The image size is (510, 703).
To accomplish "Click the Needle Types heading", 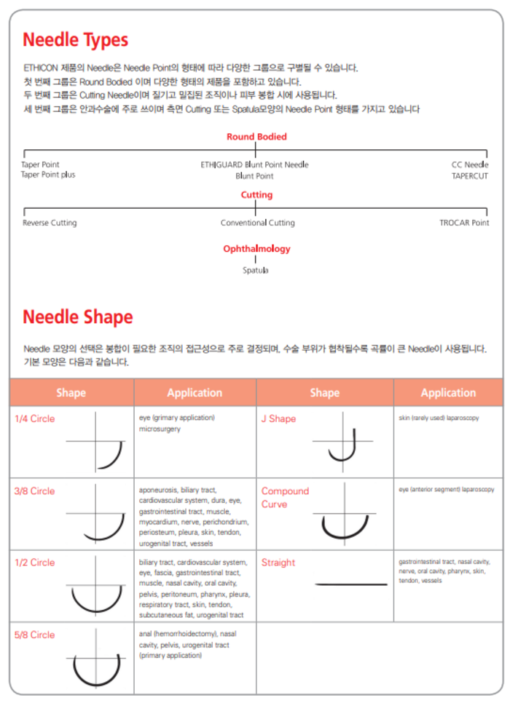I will tap(75, 39).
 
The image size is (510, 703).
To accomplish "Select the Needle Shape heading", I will tap(77, 317).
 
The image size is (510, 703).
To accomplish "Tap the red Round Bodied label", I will tap(256, 137).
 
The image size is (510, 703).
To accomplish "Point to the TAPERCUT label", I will tap(470, 176).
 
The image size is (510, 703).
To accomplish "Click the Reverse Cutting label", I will tap(50, 223).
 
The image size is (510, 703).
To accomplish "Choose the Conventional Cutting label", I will tap(258, 223).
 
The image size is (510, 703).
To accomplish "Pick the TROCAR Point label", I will tap(464, 223).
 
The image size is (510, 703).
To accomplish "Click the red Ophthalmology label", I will tap(256, 249).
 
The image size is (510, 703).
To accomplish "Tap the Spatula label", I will tap(256, 270).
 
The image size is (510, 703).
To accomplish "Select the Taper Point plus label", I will tap(48, 175).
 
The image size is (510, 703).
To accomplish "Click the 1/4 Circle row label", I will tap(35, 419).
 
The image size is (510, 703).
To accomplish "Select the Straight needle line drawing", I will tap(351, 584).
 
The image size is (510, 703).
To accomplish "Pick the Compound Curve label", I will tap(285, 497).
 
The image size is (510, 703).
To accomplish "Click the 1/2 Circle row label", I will tap(35, 563).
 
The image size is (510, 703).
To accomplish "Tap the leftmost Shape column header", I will tap(71, 393).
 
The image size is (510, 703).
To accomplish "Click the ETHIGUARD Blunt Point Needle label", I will tap(254, 164).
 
